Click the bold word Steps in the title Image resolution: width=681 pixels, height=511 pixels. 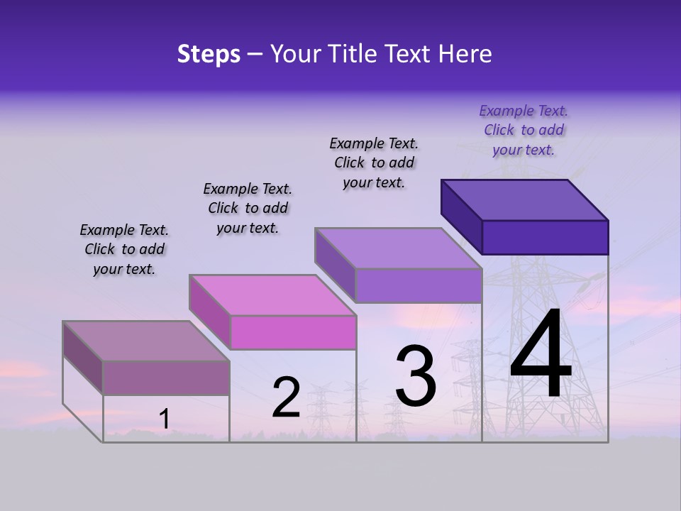(x=209, y=54)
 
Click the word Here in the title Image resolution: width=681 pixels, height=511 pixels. (x=465, y=54)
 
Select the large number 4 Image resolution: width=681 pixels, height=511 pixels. (x=541, y=355)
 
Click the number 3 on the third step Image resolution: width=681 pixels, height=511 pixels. (x=416, y=377)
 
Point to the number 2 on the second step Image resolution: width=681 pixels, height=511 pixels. (x=286, y=397)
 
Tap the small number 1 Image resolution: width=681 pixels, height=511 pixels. (x=164, y=419)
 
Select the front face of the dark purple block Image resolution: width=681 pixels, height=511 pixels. (x=545, y=237)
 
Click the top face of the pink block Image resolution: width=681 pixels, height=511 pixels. (x=272, y=295)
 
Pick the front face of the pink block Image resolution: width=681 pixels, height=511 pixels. (x=293, y=332)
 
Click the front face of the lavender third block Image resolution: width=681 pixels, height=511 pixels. (x=419, y=285)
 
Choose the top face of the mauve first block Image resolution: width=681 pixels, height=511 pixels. (x=146, y=341)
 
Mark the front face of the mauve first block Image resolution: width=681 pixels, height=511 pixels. (x=166, y=378)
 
